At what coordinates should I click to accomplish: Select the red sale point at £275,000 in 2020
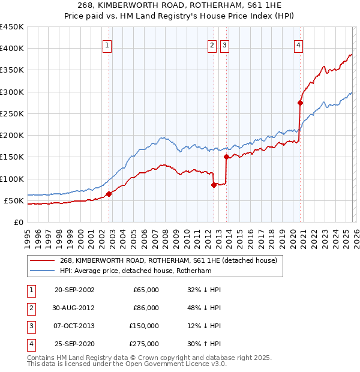300,103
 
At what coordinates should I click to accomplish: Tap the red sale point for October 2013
226,157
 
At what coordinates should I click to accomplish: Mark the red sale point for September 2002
109,194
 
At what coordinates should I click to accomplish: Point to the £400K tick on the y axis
12,49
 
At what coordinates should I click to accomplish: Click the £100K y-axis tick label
12,179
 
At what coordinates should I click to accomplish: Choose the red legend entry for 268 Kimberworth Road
168,260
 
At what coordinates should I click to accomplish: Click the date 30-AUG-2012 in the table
73,308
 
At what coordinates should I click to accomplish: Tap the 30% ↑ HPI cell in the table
203,344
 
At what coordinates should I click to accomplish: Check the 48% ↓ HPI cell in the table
203,308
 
